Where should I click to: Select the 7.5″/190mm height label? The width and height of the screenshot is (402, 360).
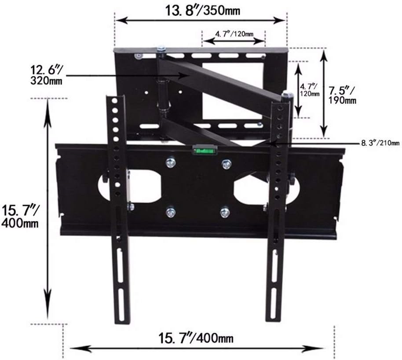[343, 96]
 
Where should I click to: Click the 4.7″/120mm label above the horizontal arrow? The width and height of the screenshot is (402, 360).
[234, 33]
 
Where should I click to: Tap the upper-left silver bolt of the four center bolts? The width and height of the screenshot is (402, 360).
[170, 163]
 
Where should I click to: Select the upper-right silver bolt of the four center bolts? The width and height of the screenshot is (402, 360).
[227, 164]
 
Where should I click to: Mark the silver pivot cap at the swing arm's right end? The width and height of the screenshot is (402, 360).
[288, 94]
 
